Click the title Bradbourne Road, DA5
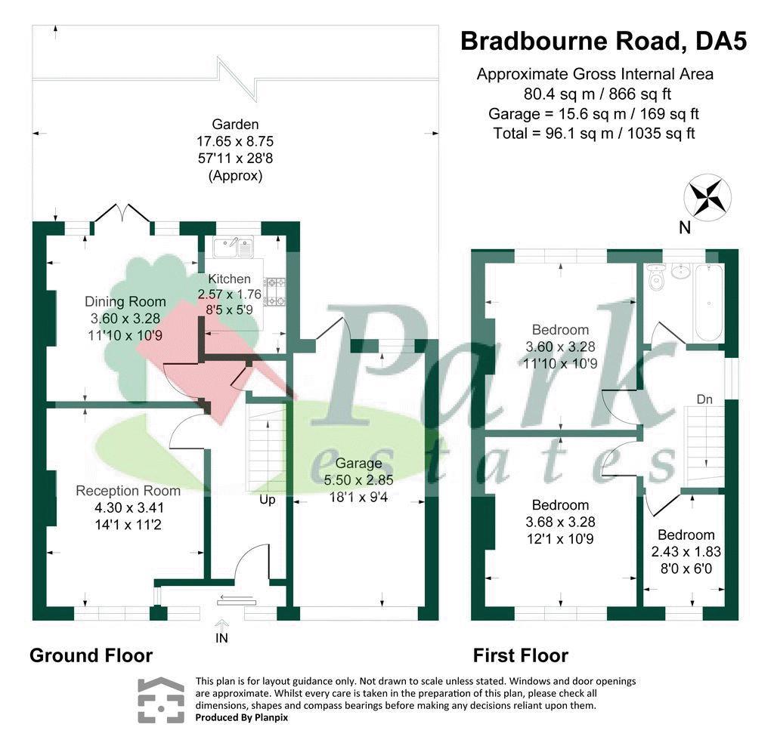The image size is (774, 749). tap(603, 41)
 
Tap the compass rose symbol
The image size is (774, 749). tap(707, 196)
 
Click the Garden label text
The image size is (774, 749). tap(235, 125)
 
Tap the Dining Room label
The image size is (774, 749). tap(125, 302)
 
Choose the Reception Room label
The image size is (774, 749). tap(128, 491)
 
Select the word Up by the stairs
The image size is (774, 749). tap(268, 500)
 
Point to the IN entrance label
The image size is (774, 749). tap(222, 638)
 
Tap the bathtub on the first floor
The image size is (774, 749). tap(707, 302)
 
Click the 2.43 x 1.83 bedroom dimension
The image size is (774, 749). tap(686, 552)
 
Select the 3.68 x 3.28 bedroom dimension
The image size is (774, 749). tap(560, 522)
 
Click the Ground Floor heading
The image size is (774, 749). tap(91, 655)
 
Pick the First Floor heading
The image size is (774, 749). tap(521, 655)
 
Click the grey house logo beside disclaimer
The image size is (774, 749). tap(160, 700)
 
